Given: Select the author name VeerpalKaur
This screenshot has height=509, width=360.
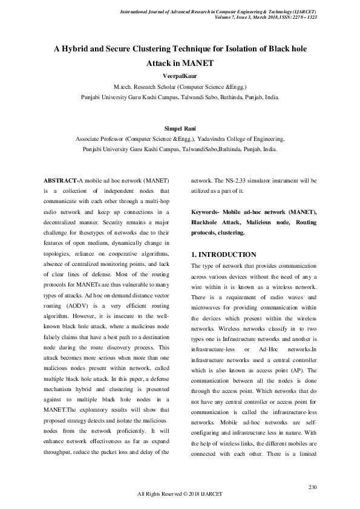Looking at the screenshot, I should (180, 76).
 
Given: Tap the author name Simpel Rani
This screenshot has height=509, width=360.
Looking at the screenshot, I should (180, 128).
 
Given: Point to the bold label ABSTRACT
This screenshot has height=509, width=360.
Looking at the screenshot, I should (61, 180).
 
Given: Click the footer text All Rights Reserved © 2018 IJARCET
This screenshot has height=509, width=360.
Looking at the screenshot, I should (180, 494).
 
